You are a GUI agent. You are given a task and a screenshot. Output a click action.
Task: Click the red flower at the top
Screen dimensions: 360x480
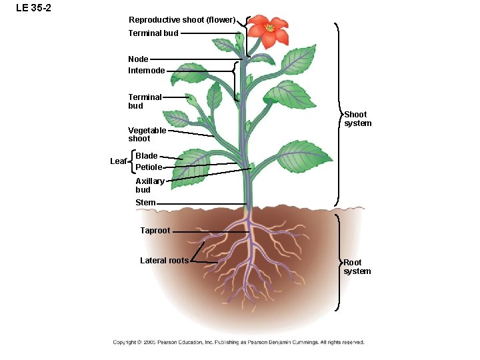point(269,31)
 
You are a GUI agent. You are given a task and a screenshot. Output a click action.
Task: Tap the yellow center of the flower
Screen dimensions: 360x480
point(269,28)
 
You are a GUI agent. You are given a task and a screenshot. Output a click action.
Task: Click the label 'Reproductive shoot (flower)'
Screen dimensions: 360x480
point(182,20)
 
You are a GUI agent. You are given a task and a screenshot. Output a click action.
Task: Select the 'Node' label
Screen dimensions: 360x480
point(138,59)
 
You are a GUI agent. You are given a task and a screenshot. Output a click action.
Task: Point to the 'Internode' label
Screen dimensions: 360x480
point(147,70)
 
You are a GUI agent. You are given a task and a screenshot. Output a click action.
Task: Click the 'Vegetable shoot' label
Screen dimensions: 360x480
point(147,134)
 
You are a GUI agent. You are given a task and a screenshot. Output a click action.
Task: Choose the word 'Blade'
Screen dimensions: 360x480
point(147,156)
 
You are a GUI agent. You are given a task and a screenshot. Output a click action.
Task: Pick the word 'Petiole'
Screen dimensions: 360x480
point(149,167)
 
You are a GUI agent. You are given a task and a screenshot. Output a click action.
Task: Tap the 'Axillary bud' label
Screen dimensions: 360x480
point(149,185)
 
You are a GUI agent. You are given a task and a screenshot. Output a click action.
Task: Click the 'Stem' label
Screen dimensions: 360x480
point(145,203)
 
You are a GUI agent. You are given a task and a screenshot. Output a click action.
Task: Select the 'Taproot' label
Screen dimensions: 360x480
point(155,231)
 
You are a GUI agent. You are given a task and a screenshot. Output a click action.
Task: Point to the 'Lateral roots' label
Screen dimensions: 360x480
point(164,261)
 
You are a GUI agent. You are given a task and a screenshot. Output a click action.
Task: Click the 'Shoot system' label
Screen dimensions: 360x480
point(357,119)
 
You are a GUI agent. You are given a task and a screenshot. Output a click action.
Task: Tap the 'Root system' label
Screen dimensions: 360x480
point(357,267)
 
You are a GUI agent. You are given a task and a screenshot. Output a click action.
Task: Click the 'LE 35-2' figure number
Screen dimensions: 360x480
point(29,8)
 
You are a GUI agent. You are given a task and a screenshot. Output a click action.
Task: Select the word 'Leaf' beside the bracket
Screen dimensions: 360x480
point(118,161)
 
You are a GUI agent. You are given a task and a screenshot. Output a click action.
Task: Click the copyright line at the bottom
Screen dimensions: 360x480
point(239,343)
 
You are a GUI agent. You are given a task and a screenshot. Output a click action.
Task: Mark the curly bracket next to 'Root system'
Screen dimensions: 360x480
point(339,262)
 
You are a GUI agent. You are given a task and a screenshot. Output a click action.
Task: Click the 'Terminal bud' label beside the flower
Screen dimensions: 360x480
point(153,33)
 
